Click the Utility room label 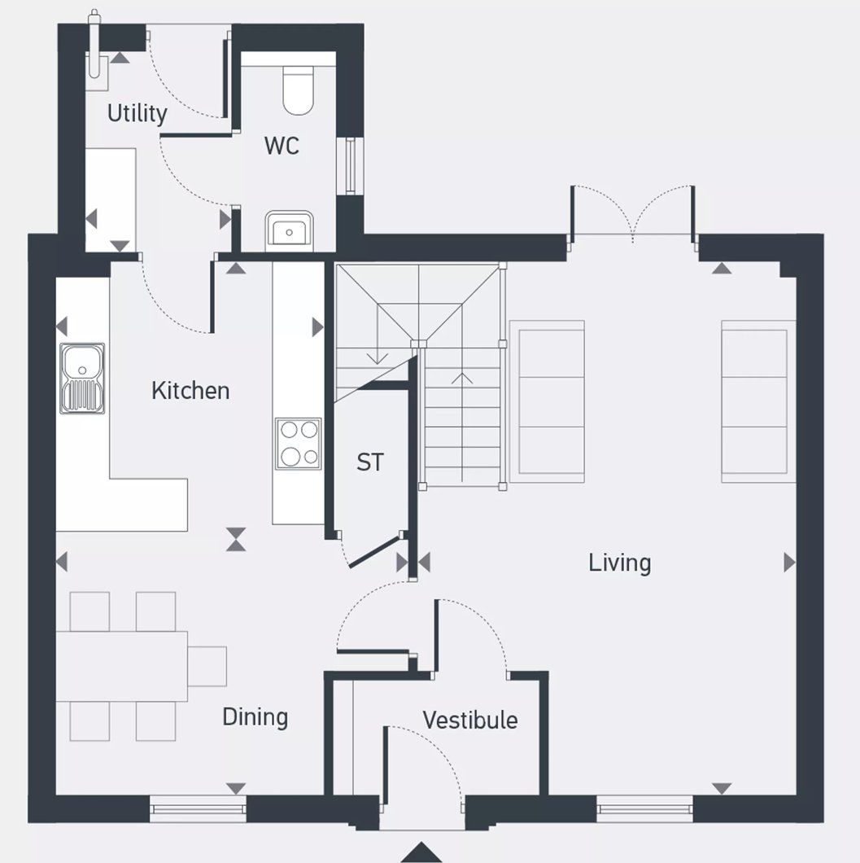click(137, 114)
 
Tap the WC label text click(282, 146)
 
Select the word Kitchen click(190, 391)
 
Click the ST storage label click(369, 462)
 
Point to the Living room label click(620, 563)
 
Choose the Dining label click(255, 717)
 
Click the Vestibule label click(469, 720)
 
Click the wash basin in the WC click(288, 230)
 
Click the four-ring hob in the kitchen click(298, 444)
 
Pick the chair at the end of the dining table click(207, 666)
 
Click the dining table click(122, 666)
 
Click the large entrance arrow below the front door click(421, 852)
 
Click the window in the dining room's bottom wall click(198, 809)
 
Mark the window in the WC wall click(351, 166)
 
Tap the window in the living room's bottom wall click(644, 809)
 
